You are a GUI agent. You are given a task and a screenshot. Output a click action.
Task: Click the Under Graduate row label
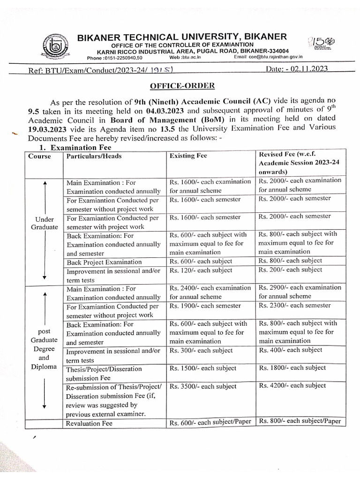coord(44,223)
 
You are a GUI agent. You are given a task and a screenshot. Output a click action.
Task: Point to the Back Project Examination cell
coord(104,262)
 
